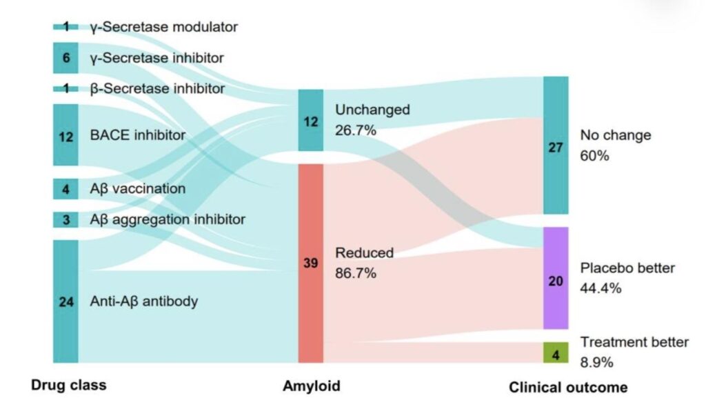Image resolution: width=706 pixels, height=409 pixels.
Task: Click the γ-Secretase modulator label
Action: pyautogui.click(x=163, y=27)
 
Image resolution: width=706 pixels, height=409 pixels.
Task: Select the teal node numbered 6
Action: pyautogui.click(x=65, y=58)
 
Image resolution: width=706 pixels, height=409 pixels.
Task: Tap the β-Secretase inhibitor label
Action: pyautogui.click(x=157, y=88)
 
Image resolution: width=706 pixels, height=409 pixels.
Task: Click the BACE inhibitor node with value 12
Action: pyautogui.click(x=65, y=134)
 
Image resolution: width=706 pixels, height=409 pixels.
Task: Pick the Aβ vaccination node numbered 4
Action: pyautogui.click(x=65, y=189)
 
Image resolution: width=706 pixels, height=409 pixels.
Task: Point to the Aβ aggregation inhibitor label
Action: pyautogui.click(x=168, y=219)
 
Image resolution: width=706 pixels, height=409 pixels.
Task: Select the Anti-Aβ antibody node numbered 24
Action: pyautogui.click(x=65, y=301)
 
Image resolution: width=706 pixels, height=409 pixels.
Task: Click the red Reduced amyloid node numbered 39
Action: pyautogui.click(x=311, y=263)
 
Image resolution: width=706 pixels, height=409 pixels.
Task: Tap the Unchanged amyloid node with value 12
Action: pyautogui.click(x=311, y=120)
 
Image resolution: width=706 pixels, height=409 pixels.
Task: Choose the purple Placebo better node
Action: pyautogui.click(x=556, y=278)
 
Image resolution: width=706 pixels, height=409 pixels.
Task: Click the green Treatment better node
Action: pyautogui.click(x=556, y=352)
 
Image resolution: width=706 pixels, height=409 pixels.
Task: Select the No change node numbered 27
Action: pyautogui.click(x=556, y=145)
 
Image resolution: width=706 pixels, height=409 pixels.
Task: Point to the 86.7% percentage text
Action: pyautogui.click(x=356, y=273)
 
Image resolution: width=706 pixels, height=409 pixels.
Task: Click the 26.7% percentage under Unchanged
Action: pyautogui.click(x=356, y=130)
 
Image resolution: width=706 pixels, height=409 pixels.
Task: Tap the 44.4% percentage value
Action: pyautogui.click(x=601, y=288)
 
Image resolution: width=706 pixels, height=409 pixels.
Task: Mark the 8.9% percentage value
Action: pyautogui.click(x=596, y=362)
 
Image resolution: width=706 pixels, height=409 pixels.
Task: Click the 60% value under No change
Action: pyautogui.click(x=594, y=156)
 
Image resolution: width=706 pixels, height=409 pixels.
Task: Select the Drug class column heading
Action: pyautogui.click(x=69, y=385)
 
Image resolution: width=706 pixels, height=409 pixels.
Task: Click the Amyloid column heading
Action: pyautogui.click(x=312, y=386)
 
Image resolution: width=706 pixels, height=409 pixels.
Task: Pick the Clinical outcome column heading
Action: pyautogui.click(x=568, y=388)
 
